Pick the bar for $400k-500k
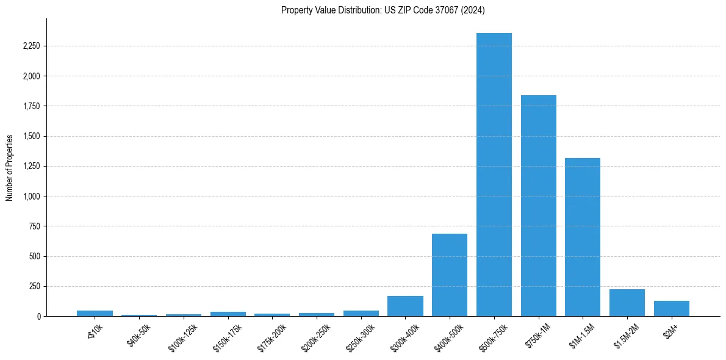pos(450,275)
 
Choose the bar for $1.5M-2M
pos(627,303)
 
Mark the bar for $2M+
pos(671,309)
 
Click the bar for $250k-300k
pos(361,313)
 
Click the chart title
pos(383,10)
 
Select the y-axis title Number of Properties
pos(10,167)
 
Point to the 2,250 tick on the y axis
pos(30,46)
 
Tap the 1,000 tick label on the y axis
pos(30,196)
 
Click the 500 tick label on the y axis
pos(34,256)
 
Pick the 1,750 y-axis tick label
pos(30,106)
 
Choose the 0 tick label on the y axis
pos(38,317)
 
